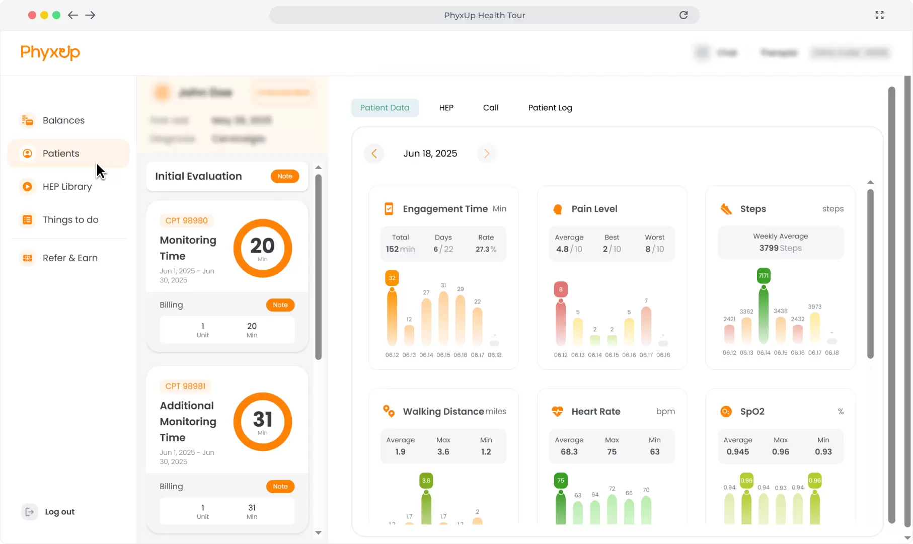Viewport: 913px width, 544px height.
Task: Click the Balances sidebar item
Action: pos(63,120)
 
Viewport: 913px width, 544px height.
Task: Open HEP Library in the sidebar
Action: pos(66,187)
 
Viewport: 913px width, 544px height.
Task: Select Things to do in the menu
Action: pos(70,220)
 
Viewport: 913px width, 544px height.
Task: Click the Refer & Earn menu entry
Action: pos(69,258)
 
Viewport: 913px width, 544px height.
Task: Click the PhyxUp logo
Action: pos(50,52)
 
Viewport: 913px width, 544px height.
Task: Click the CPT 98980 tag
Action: pos(186,220)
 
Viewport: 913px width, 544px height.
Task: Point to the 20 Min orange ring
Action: pos(262,248)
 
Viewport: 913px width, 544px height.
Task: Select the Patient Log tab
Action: pos(550,108)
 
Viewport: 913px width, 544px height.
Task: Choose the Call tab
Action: pos(490,108)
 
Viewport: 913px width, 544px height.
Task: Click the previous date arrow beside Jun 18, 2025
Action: pos(374,153)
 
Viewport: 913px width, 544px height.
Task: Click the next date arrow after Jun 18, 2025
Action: pos(486,153)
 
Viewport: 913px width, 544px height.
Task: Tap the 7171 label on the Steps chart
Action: pos(764,276)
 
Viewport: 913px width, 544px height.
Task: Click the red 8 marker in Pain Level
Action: pos(561,289)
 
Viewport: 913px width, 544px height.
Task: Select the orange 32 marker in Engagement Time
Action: pos(392,278)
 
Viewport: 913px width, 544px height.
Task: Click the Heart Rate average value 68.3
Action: pos(569,452)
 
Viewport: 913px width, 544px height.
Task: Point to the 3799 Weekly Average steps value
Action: pos(769,248)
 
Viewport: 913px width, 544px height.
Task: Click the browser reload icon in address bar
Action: pos(683,15)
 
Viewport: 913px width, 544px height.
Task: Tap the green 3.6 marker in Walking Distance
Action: pos(426,481)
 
